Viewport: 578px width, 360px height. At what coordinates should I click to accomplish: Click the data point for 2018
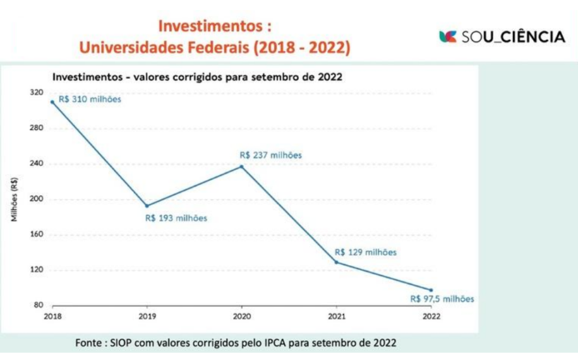coord(52,102)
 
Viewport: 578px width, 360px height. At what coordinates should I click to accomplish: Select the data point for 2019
coord(147,206)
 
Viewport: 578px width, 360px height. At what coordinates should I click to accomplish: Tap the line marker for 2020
coord(241,166)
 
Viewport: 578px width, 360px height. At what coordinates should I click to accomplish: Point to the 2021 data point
coord(336,262)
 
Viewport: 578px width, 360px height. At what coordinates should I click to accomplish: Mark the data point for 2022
coord(431,290)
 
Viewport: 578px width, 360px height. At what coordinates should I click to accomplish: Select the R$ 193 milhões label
coord(176,218)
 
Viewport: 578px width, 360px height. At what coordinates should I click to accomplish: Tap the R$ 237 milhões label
coord(270,155)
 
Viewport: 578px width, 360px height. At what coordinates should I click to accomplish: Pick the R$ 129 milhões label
coord(365,252)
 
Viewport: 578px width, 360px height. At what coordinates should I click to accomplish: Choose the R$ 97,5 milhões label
coord(442,299)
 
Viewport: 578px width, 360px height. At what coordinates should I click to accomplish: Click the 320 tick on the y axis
coord(37,93)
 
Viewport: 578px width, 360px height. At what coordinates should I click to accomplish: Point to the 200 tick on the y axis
coord(37,200)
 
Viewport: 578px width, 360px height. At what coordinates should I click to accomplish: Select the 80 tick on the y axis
coord(39,306)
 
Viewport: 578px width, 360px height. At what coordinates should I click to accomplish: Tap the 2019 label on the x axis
coord(147,316)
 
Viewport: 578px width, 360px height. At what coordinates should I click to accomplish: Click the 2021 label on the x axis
coord(336,316)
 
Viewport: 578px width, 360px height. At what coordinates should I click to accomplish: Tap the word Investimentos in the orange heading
coord(209,27)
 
